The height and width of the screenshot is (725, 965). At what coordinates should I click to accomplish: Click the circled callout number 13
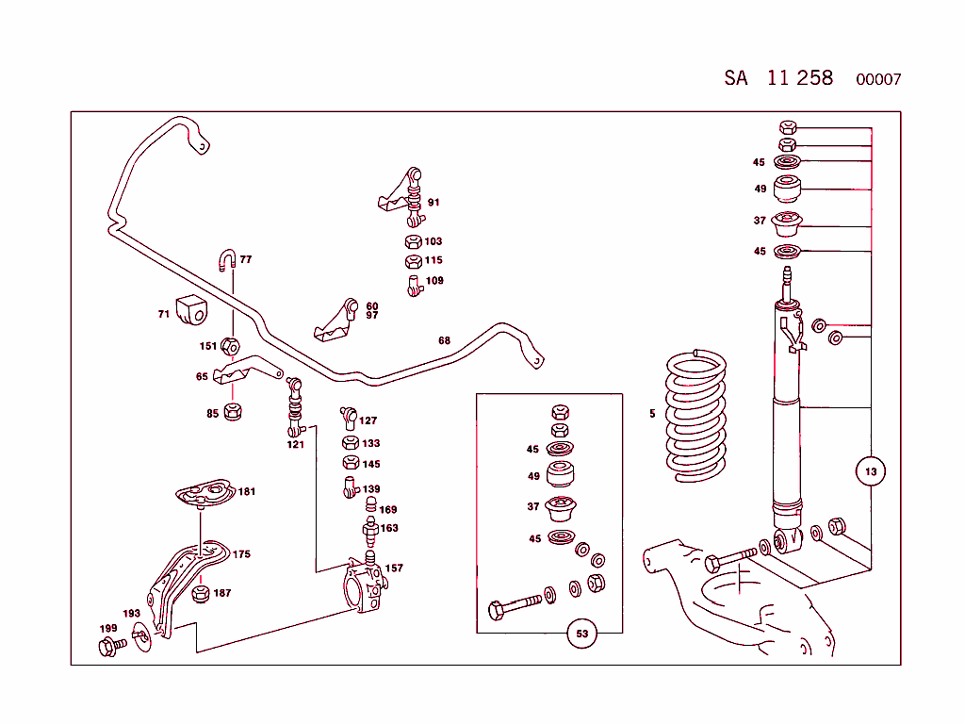point(870,471)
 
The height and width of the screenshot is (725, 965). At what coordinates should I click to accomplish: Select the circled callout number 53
point(582,634)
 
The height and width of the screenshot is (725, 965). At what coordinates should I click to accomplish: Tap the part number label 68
point(444,340)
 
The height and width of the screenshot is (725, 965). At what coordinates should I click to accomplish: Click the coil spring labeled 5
point(697,415)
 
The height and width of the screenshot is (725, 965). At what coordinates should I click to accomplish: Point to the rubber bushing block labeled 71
point(194,309)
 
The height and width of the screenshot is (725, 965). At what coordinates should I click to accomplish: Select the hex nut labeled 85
point(235,411)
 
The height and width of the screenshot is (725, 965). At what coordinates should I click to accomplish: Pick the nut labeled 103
point(414,241)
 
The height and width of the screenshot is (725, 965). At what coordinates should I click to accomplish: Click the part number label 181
point(246,491)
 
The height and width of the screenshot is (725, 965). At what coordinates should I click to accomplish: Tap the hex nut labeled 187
point(200,594)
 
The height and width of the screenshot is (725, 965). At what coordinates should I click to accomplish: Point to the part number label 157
point(394,568)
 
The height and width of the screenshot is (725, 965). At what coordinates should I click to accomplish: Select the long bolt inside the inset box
point(519,604)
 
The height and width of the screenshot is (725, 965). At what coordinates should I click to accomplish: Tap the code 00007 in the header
point(878,80)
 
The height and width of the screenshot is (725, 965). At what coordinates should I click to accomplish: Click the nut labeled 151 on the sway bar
point(230,346)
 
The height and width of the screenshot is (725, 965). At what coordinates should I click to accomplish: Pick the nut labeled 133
point(348,442)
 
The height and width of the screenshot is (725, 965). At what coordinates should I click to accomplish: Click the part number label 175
point(241,554)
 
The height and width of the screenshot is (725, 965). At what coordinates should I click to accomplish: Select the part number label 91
point(433,202)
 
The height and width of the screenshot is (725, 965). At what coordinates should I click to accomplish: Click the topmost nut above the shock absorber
point(789,127)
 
